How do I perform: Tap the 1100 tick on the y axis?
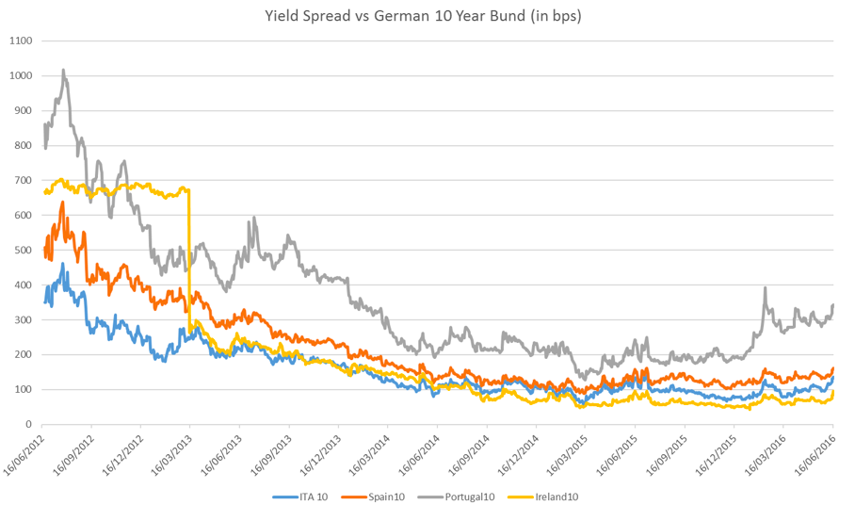click(x=21, y=41)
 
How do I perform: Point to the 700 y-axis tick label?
click(x=23, y=181)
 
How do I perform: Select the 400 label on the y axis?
click(x=23, y=285)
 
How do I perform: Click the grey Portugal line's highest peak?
click(x=63, y=70)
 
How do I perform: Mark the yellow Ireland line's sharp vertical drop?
click(x=189, y=254)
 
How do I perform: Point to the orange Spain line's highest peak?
click(x=62, y=202)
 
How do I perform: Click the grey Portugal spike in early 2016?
click(x=765, y=287)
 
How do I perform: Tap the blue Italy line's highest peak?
click(x=63, y=265)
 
